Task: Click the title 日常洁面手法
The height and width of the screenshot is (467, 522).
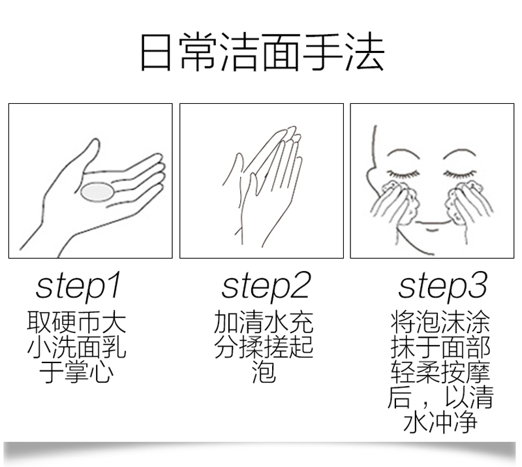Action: tap(262, 52)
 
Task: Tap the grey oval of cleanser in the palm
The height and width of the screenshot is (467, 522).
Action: tap(97, 193)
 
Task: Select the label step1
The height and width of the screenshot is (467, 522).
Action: tap(78, 285)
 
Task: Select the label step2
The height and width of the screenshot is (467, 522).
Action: tap(266, 285)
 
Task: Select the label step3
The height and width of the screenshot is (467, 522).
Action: tap(442, 285)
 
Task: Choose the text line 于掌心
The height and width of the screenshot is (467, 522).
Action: tap(76, 372)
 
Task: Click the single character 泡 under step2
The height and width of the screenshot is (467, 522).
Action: tap(264, 372)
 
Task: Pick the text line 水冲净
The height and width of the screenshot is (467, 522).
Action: tap(440, 421)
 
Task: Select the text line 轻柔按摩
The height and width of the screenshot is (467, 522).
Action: tap(440, 372)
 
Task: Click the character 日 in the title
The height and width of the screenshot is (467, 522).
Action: tap(156, 53)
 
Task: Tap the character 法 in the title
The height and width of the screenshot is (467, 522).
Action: tap(365, 52)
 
